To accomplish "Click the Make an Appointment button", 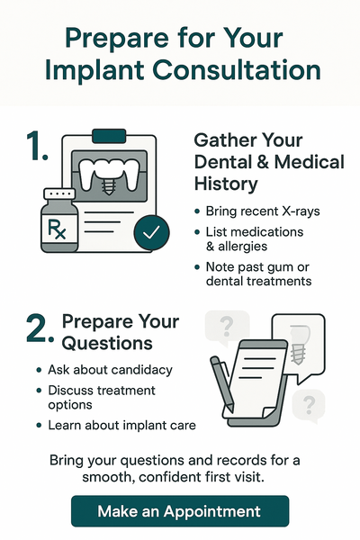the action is pyautogui.click(x=180, y=511).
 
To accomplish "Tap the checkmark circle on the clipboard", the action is pyautogui.click(x=151, y=232).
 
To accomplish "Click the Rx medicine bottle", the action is pyautogui.click(x=59, y=220).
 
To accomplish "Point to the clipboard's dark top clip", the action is pyautogui.click(x=109, y=136).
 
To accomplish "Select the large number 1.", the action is pyautogui.click(x=37, y=146).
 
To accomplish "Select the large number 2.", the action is pyautogui.click(x=40, y=328).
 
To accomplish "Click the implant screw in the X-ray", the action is pyautogui.click(x=109, y=187).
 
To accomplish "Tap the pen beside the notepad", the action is pyautogui.click(x=222, y=383).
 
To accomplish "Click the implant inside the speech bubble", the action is pyautogui.click(x=299, y=345).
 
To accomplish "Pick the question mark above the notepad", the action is pyautogui.click(x=226, y=327).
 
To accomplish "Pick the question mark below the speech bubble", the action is pyautogui.click(x=309, y=405).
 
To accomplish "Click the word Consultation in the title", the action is pyautogui.click(x=237, y=70).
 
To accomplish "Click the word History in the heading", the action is pyautogui.click(x=226, y=184).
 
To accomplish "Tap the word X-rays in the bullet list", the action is pyautogui.click(x=301, y=211).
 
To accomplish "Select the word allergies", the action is pyautogui.click(x=242, y=247).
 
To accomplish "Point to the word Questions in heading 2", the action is pyautogui.click(x=107, y=344).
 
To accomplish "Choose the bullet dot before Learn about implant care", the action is pyautogui.click(x=39, y=426).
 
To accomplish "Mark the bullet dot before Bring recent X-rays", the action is pyautogui.click(x=197, y=211).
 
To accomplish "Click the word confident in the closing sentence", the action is pyautogui.click(x=170, y=477).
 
